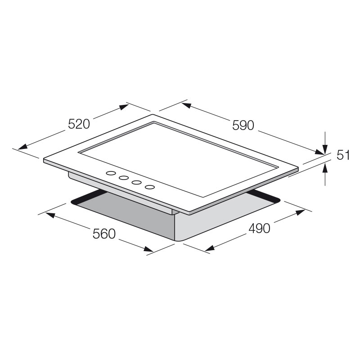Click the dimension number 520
[x=79, y=124]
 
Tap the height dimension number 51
[x=343, y=155]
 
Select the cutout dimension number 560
[x=104, y=234]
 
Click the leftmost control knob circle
[x=110, y=173]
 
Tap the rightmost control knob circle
[x=150, y=187]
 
